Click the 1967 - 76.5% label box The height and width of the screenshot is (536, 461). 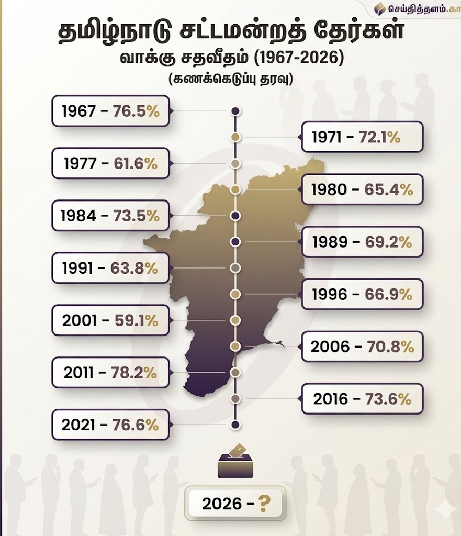(x=110, y=111)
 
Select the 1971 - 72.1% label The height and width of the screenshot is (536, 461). (x=362, y=137)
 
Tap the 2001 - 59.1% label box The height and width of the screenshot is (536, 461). (x=110, y=320)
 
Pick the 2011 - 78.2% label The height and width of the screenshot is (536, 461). (x=110, y=373)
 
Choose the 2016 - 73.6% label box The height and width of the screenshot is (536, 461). (x=362, y=399)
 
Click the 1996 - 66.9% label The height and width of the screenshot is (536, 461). (x=362, y=294)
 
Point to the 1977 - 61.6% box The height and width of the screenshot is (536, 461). (x=110, y=163)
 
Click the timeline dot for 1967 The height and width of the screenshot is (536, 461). (x=235, y=111)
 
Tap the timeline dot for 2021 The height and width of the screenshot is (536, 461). (x=235, y=425)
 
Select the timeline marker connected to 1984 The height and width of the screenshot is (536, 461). (x=235, y=216)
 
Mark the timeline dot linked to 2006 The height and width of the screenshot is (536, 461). (x=235, y=347)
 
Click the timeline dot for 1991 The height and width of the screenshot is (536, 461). (x=235, y=268)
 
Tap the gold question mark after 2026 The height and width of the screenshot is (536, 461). (x=265, y=504)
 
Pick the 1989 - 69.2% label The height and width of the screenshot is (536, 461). (x=362, y=242)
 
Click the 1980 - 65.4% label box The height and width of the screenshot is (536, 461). (x=362, y=189)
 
